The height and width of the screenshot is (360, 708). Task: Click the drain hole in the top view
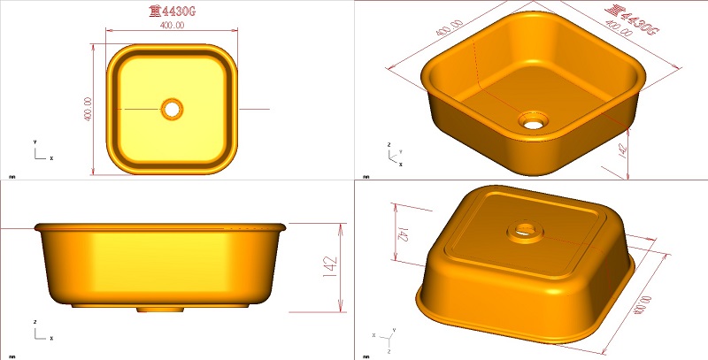[x=172, y=109]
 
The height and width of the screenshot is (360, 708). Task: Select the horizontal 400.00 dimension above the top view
[x=172, y=26]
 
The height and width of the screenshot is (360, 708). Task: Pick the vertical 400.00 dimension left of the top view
[x=88, y=110]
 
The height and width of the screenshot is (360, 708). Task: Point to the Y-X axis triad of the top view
[x=39, y=152]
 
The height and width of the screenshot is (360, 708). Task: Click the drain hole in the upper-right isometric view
[x=534, y=119]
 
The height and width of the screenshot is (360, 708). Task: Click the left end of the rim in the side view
[x=35, y=227]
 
